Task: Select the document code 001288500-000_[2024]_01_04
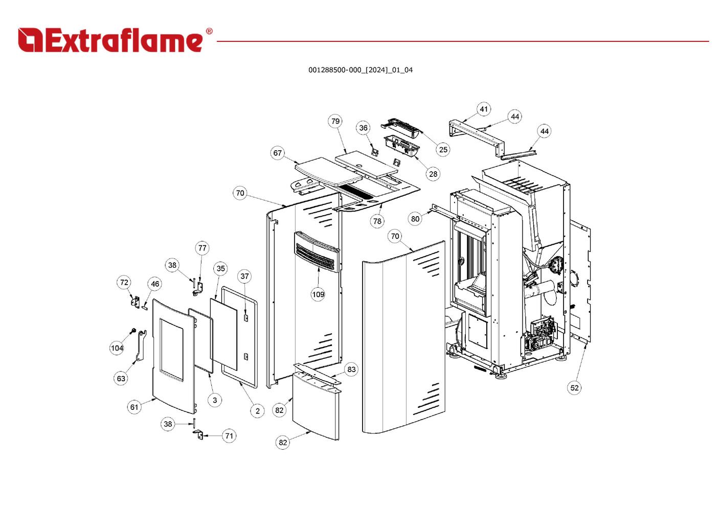click(x=360, y=70)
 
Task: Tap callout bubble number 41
click(x=484, y=109)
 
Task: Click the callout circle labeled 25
click(x=443, y=149)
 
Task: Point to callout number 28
click(x=433, y=174)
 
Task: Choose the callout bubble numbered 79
click(x=335, y=121)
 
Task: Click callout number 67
click(x=277, y=153)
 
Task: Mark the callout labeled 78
click(x=377, y=221)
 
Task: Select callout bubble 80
click(x=415, y=219)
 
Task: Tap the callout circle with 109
click(x=318, y=294)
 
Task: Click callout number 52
click(x=574, y=387)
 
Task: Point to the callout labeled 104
click(x=117, y=348)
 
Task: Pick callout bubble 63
click(x=121, y=379)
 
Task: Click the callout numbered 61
click(x=134, y=407)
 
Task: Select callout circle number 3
click(x=215, y=400)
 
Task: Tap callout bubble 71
click(x=229, y=436)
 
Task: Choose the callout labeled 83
click(x=351, y=369)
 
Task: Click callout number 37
click(x=244, y=276)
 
